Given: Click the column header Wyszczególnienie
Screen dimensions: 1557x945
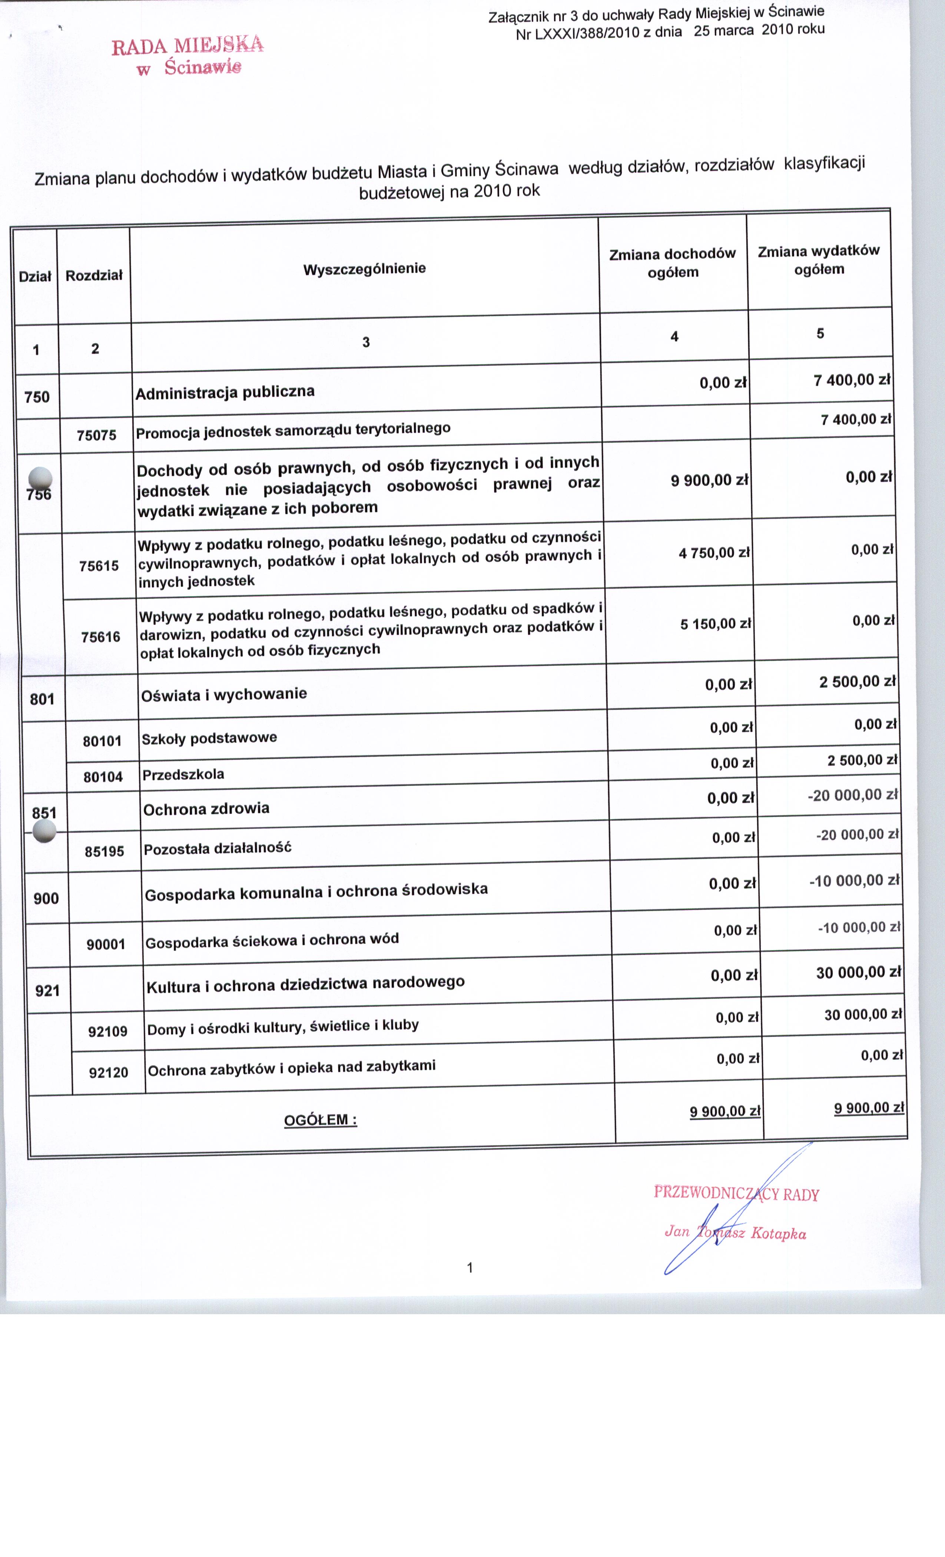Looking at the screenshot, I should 365,268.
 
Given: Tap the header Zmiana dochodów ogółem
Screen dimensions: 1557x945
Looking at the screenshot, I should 672,263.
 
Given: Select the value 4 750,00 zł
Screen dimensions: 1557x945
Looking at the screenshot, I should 714,553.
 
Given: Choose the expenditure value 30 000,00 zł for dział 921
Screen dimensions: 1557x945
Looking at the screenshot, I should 858,972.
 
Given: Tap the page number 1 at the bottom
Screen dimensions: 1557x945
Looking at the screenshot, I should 469,1267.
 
